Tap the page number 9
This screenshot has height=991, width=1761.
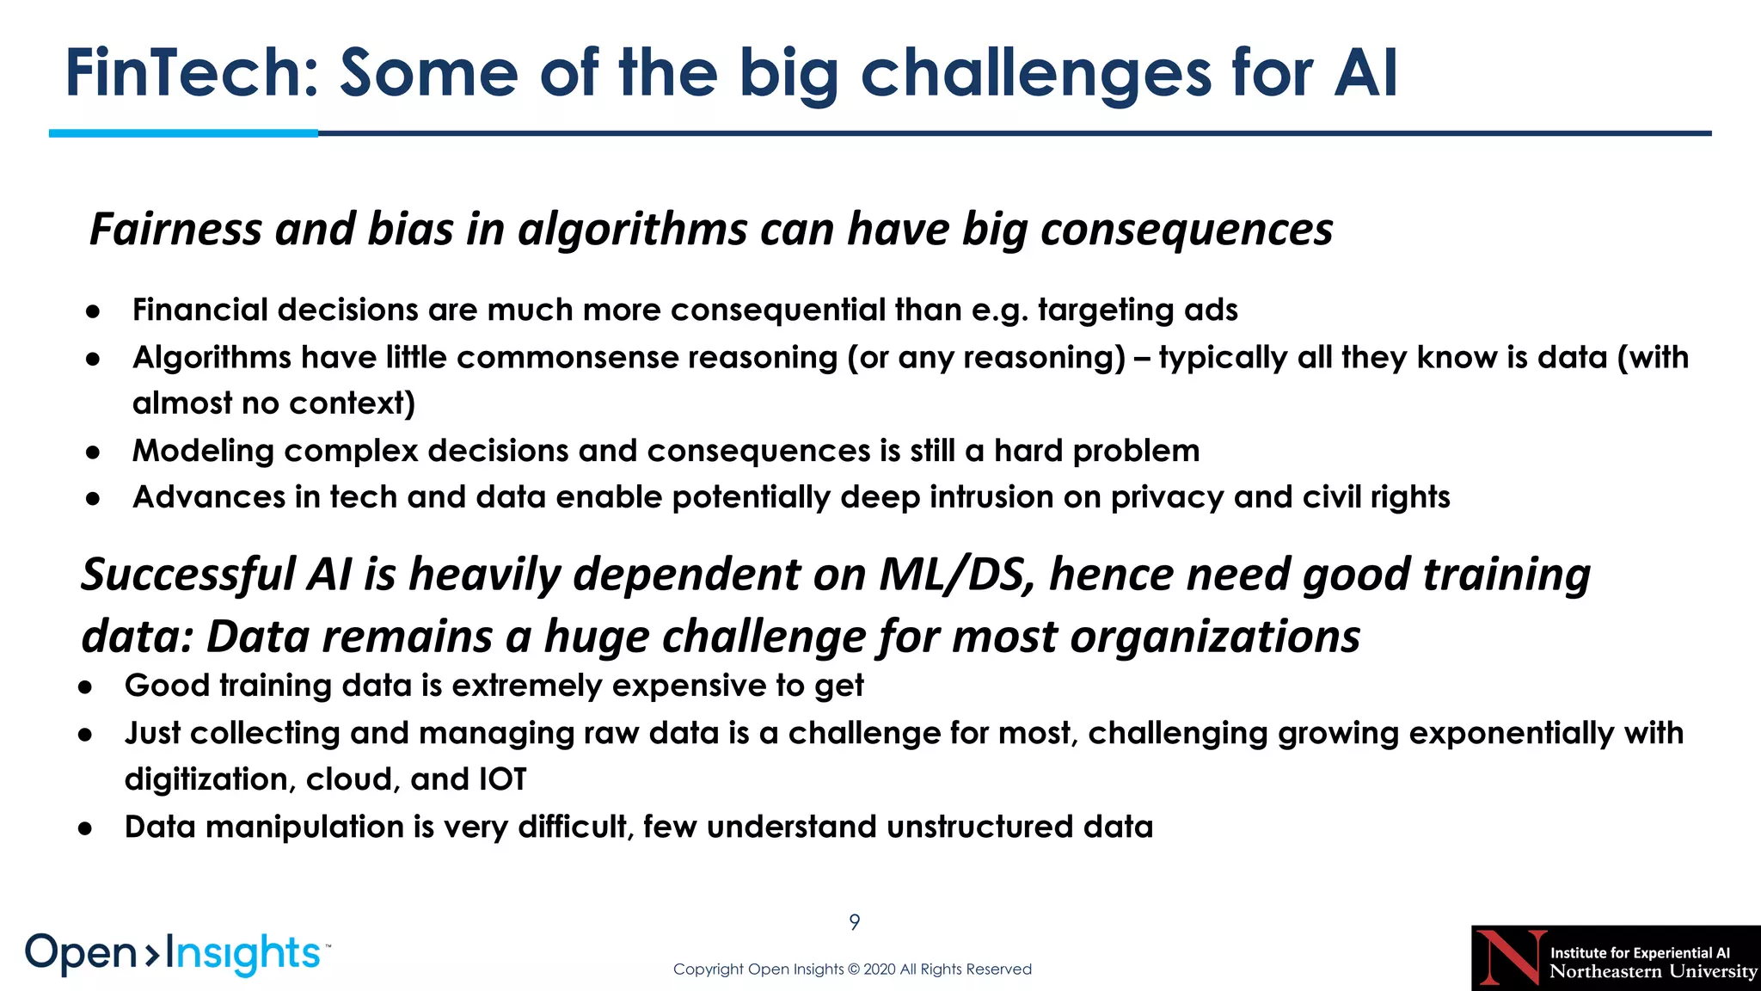click(854, 922)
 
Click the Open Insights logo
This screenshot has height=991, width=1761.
click(176, 954)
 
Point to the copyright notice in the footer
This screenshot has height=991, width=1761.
click(852, 969)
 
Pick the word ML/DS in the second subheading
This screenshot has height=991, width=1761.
click(955, 575)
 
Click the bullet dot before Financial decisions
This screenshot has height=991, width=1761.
click(94, 311)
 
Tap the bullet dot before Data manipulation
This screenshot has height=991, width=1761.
click(85, 828)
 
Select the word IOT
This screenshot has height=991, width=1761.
click(502, 779)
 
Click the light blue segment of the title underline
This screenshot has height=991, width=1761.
click(183, 133)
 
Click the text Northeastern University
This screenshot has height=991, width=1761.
click(1653, 972)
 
